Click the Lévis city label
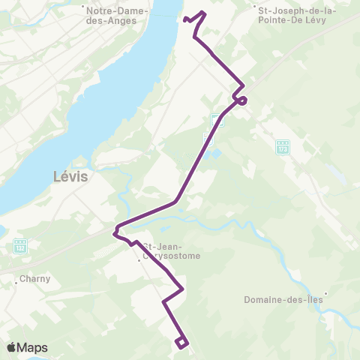click(x=71, y=178)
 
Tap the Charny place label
click(x=36, y=278)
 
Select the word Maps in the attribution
click(x=33, y=347)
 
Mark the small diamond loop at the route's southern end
click(x=181, y=343)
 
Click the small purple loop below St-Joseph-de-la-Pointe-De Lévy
click(x=242, y=100)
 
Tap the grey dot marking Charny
click(x=16, y=283)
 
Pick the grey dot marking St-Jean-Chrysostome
click(x=139, y=262)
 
